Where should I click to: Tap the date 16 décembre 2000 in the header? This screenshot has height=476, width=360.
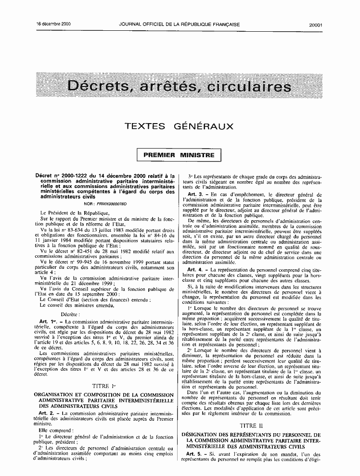pyautogui.click(x=53, y=24)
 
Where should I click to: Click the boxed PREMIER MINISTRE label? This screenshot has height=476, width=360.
pyautogui.click(x=179, y=155)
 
